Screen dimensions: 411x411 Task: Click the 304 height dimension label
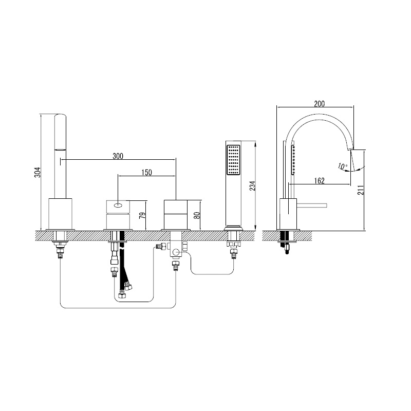click(38, 172)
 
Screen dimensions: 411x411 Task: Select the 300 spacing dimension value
click(118, 156)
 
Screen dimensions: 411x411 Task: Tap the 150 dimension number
click(146, 173)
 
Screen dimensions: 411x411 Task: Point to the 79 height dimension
click(142, 215)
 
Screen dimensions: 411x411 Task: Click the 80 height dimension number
click(198, 215)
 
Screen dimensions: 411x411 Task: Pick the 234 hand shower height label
click(252, 185)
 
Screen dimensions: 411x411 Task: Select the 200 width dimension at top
click(319, 104)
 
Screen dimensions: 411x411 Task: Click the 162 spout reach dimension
click(319, 181)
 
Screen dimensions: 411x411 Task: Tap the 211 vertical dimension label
click(361, 190)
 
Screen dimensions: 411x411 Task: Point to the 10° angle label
click(343, 166)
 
